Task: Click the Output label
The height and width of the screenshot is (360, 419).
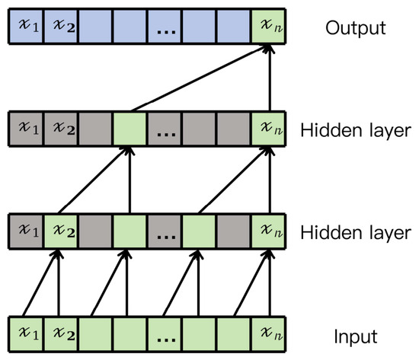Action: [356, 27]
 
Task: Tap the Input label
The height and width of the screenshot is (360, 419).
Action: [356, 336]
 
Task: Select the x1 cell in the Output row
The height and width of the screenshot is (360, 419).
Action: [27, 26]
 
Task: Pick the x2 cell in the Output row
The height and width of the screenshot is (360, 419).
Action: [61, 26]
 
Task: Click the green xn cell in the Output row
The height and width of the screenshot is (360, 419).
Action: [268, 26]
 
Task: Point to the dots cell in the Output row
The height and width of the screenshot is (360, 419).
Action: [165, 26]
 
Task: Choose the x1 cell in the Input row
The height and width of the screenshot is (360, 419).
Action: [27, 334]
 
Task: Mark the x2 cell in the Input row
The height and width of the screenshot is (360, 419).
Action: [61, 334]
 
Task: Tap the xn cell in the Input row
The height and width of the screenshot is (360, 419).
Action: [268, 334]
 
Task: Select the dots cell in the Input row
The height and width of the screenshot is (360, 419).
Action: [165, 334]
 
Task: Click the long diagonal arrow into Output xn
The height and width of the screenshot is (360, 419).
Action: [202, 78]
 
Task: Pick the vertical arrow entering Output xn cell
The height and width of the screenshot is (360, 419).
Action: [270, 78]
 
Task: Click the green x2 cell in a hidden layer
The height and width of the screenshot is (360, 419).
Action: [61, 231]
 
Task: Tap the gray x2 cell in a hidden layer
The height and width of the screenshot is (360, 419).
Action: [61, 129]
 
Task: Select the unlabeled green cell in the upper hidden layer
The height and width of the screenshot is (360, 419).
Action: [130, 129]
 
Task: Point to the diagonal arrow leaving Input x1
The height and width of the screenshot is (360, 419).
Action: [40, 283]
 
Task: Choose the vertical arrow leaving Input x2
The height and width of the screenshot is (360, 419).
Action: [59, 283]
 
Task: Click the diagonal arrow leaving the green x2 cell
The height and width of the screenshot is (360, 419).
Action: [94, 180]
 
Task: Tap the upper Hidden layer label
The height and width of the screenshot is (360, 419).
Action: [356, 130]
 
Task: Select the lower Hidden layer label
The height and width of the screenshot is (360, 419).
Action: [356, 233]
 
